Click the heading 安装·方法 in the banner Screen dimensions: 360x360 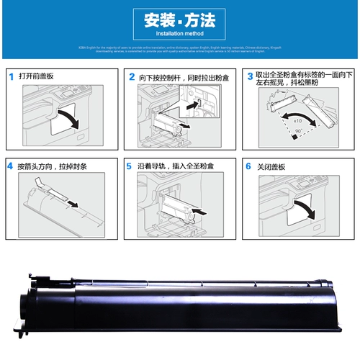tap(179, 19)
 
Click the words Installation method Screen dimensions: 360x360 tap(179, 33)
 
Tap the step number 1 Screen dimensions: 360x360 tap(11, 76)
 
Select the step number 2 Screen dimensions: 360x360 tap(131, 76)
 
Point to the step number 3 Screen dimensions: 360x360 tap(249, 75)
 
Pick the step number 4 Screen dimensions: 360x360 tap(11, 166)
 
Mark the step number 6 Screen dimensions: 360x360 tap(249, 166)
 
